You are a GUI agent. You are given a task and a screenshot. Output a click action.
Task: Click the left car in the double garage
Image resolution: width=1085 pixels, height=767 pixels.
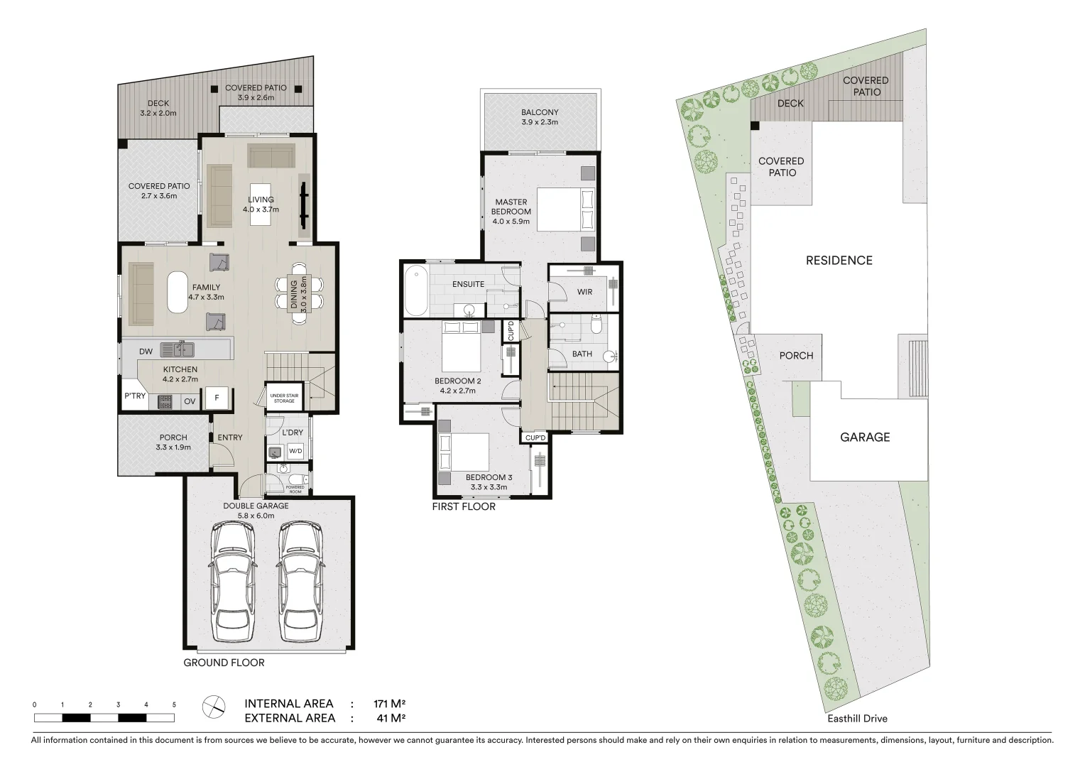[x=231, y=582]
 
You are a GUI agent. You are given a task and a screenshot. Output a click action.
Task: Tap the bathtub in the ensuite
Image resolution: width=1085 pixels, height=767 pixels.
[x=415, y=290]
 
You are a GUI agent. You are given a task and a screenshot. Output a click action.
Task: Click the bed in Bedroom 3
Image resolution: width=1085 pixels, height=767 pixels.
[x=465, y=452]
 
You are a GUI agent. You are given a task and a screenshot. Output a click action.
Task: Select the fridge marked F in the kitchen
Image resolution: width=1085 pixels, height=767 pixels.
[x=217, y=399]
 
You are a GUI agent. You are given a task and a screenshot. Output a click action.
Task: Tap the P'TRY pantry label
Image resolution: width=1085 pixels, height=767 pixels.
[x=134, y=396]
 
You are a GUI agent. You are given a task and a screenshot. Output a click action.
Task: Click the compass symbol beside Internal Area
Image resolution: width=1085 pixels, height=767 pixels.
[x=214, y=706]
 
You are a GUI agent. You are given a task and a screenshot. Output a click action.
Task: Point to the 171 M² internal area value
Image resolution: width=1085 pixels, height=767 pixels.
[x=389, y=704]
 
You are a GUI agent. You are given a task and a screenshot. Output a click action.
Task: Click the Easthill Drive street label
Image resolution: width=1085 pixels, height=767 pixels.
[x=857, y=718]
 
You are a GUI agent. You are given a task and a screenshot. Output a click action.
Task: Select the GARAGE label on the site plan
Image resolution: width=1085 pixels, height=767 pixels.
[x=864, y=437]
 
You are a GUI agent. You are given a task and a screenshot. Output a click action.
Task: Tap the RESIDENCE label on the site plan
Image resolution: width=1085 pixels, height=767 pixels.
[x=839, y=261]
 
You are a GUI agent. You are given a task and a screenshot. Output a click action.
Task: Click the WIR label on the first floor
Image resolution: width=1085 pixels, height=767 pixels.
[x=584, y=292]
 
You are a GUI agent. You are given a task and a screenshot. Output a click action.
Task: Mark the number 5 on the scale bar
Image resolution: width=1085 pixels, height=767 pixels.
[x=174, y=705]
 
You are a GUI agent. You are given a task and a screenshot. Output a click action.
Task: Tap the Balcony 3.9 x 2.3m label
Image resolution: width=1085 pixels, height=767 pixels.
[x=540, y=117]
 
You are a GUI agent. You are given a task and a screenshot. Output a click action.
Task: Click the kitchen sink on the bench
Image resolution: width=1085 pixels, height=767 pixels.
[x=177, y=349]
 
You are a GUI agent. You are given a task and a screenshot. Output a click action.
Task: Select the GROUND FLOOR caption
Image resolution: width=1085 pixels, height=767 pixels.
[x=224, y=663]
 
